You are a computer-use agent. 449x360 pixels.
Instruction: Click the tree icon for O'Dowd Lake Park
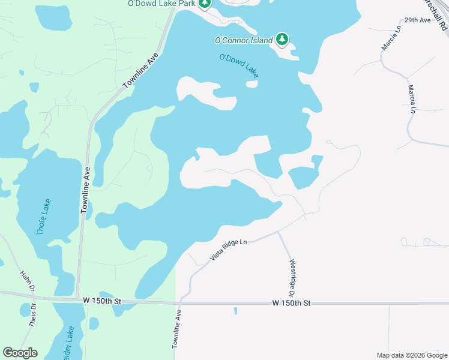(205, 3)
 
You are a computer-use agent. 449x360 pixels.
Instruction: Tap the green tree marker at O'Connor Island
(282, 40)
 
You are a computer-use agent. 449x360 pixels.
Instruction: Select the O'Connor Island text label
(243, 41)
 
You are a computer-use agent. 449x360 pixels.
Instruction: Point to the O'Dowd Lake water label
(239, 65)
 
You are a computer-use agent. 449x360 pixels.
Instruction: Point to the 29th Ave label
(418, 20)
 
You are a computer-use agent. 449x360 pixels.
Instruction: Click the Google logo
(20, 353)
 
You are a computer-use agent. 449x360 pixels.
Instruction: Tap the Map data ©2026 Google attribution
(412, 355)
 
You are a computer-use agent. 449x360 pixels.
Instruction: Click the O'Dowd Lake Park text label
(162, 3)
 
